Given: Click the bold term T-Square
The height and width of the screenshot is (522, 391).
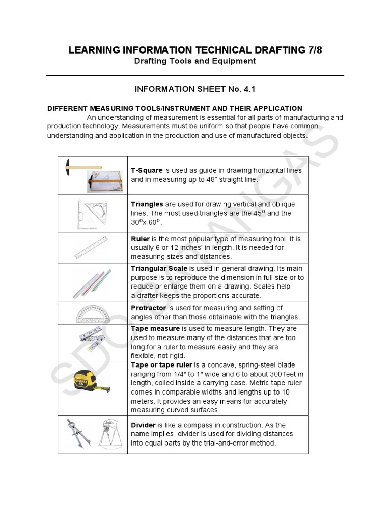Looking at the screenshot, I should (147, 170).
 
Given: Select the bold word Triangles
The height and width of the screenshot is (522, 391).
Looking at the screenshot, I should (148, 204).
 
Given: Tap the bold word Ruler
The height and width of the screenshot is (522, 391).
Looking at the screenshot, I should (141, 238).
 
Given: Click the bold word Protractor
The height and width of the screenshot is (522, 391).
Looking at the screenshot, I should (148, 308).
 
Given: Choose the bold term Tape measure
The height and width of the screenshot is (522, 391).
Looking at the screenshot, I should (155, 329).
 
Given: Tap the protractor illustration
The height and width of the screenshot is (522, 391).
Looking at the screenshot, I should (93, 313).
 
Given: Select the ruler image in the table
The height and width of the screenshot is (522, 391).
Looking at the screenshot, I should (93, 248).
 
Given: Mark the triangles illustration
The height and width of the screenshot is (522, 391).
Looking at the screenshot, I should (93, 214).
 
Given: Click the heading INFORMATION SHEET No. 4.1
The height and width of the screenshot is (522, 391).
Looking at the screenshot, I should (194, 89).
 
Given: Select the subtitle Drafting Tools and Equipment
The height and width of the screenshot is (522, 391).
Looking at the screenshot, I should (194, 61).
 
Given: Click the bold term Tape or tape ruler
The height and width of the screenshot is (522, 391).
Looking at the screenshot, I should (161, 365).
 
